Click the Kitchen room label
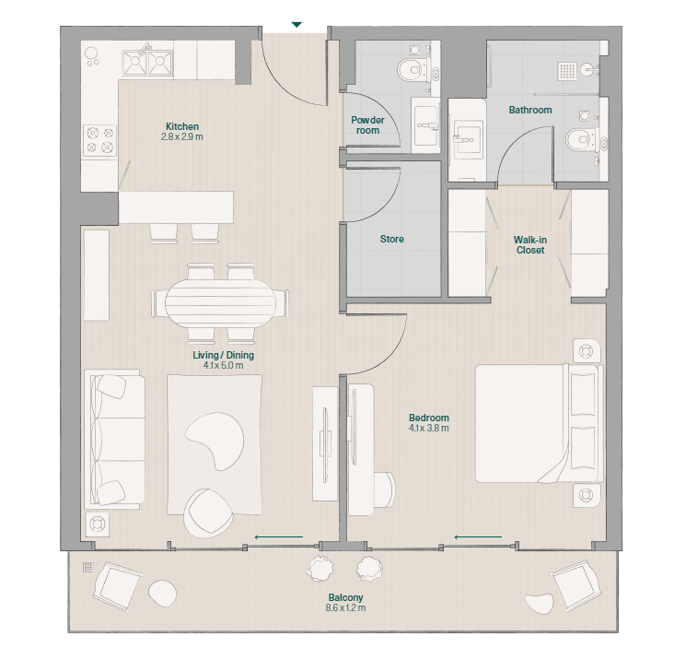[182, 126]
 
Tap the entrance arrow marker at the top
[296, 25]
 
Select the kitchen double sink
[148, 63]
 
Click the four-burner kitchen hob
[99, 140]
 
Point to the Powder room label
[367, 125]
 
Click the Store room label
[392, 239]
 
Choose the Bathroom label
[530, 110]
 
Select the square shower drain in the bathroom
[567, 71]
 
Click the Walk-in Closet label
[530, 245]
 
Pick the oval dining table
[221, 304]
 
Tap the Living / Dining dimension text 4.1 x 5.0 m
[223, 366]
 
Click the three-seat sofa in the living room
[115, 439]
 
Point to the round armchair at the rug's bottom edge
[207, 513]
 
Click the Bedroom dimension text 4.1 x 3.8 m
[429, 428]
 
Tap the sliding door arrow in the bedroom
[478, 537]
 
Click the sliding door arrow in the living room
[279, 537]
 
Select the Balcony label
[345, 597]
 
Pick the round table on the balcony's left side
[162, 594]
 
